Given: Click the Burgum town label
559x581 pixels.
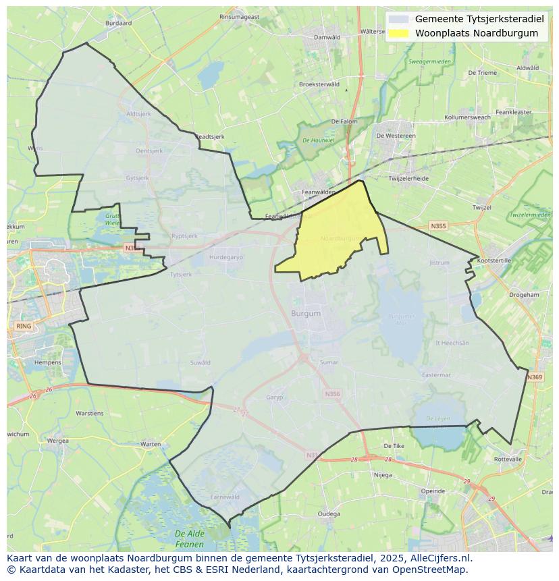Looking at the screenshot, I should (306, 314).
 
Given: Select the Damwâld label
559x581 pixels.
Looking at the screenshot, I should (327, 37).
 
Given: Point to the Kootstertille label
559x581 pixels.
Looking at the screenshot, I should (494, 260).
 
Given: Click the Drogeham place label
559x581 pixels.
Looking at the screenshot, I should (524, 295).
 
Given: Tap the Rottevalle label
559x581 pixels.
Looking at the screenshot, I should (508, 459).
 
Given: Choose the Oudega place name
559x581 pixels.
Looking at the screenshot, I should (329, 514).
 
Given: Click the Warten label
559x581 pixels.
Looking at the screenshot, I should (150, 444).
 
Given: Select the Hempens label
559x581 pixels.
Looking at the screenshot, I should (47, 362).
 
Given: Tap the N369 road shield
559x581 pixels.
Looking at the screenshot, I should (535, 377).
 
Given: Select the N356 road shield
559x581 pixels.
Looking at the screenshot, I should (332, 394).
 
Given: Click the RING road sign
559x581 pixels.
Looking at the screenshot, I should (23, 326).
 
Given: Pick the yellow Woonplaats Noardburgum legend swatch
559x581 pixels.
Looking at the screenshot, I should (399, 33).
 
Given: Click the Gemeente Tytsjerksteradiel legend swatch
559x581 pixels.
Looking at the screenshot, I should (399, 20).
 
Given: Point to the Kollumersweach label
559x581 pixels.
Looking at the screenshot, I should (482, 117).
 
